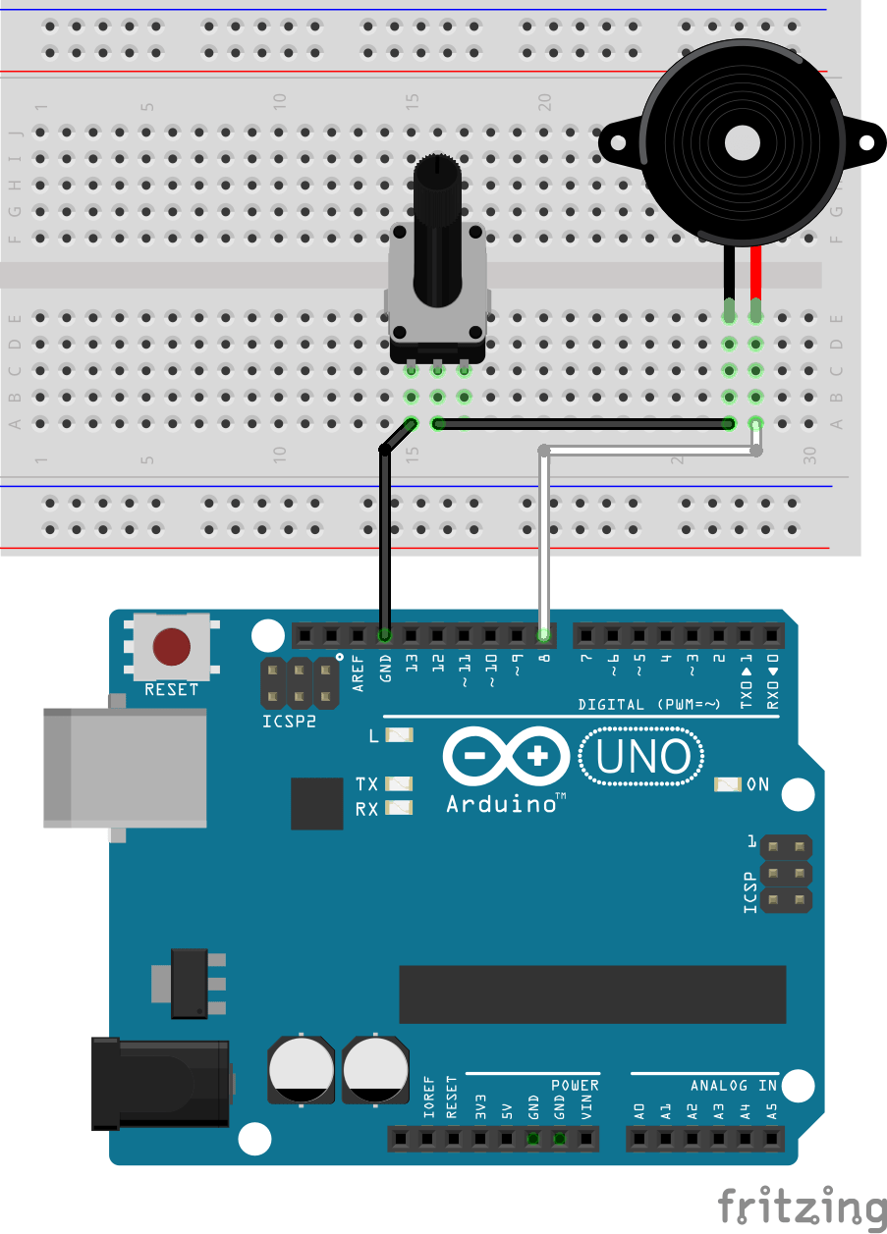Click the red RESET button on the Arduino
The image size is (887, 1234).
coord(171,647)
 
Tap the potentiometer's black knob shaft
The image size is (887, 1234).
coord(436,236)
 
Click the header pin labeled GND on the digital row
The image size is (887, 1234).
coord(385,635)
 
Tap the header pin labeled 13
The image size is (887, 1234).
coord(412,635)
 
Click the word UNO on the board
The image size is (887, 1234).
coord(643,757)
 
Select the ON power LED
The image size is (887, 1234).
coord(728,784)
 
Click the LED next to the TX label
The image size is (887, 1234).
coord(399,784)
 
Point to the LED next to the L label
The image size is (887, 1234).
coord(399,735)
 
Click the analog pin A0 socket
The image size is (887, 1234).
coord(639,1139)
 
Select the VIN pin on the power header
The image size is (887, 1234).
coord(586,1139)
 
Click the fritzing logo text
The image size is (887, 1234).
coord(801,1205)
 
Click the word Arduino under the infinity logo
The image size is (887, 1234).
coord(501,804)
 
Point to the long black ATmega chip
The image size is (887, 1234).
coord(592,993)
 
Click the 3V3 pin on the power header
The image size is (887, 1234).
coord(480,1139)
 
